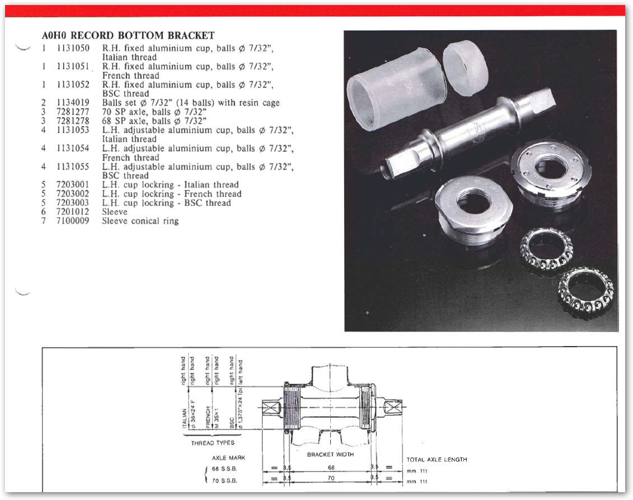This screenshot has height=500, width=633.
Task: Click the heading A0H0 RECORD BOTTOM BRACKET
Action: tap(128, 35)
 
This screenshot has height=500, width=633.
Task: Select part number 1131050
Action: tap(73, 48)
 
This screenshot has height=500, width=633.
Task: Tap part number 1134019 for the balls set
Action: tap(73, 102)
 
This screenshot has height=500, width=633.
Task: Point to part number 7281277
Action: tap(73, 112)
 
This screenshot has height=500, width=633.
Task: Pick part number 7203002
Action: tap(73, 194)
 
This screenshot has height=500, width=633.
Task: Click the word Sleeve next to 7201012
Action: tap(115, 212)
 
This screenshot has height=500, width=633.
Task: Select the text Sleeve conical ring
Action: tap(140, 221)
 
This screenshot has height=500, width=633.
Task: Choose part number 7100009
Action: tap(73, 221)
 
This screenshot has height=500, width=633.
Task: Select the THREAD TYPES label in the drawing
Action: tap(213, 443)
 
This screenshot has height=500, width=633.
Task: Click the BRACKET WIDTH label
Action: tap(330, 455)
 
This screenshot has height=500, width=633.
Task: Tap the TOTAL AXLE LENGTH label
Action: tap(437, 460)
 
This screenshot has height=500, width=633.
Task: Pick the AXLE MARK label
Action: tap(228, 458)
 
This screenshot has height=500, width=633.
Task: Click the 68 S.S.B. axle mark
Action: tap(224, 469)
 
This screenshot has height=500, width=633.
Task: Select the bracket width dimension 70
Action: tap(331, 478)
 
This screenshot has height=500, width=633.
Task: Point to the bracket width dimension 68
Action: tap(331, 468)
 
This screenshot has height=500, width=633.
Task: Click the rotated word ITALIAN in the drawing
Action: tap(185, 418)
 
